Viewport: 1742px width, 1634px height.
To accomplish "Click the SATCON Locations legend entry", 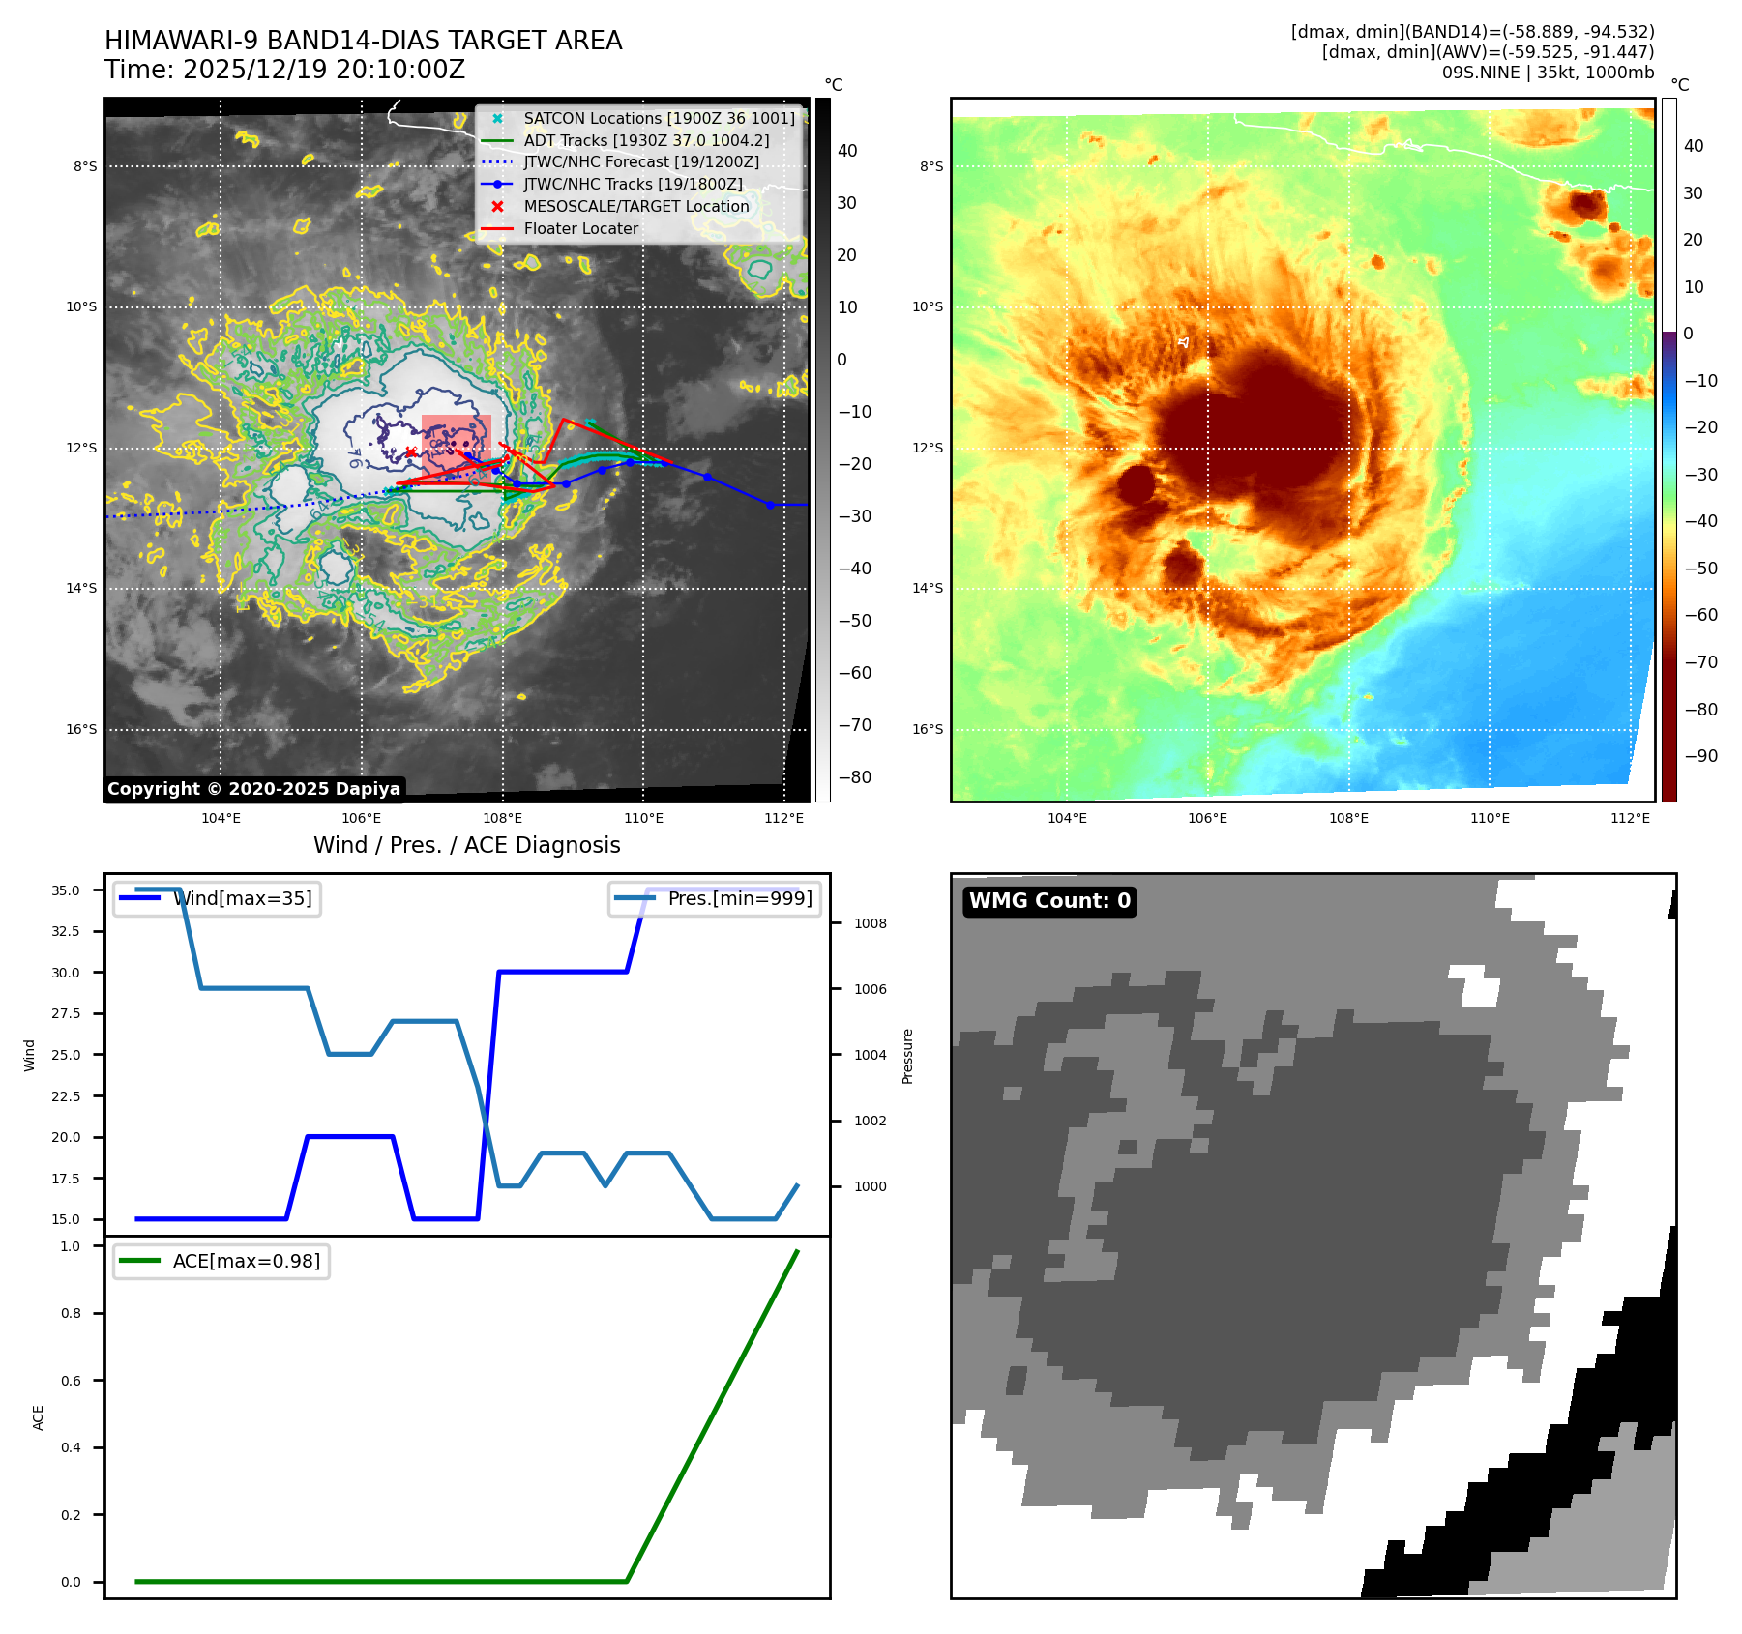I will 659,118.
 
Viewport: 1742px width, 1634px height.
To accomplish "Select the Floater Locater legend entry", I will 580,229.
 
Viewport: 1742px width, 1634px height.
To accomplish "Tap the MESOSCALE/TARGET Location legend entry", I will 635,207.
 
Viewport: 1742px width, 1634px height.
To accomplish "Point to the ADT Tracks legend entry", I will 646,140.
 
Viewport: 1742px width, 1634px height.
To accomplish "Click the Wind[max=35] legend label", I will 242,899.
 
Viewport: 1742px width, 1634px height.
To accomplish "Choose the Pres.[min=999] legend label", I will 740,899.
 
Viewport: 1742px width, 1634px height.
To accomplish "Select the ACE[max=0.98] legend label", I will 246,1262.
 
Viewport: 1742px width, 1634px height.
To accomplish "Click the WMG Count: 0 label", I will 1049,901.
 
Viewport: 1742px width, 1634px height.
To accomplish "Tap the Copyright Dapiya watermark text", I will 253,789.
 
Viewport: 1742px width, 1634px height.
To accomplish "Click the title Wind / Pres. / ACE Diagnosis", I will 466,846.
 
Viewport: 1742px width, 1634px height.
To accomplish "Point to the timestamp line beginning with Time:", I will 285,71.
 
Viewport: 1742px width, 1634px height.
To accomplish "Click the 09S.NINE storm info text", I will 1548,73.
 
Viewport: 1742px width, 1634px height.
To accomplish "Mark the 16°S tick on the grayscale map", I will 82,730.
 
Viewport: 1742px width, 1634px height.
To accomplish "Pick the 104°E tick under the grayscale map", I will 221,819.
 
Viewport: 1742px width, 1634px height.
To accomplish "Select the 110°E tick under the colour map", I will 1490,819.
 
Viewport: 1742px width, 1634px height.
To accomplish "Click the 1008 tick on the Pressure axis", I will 870,924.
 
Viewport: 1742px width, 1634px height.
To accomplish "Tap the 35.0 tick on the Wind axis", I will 66,890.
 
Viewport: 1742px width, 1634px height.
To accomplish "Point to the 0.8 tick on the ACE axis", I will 71,1314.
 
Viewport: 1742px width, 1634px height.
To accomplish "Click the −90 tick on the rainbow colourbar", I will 1700,757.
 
